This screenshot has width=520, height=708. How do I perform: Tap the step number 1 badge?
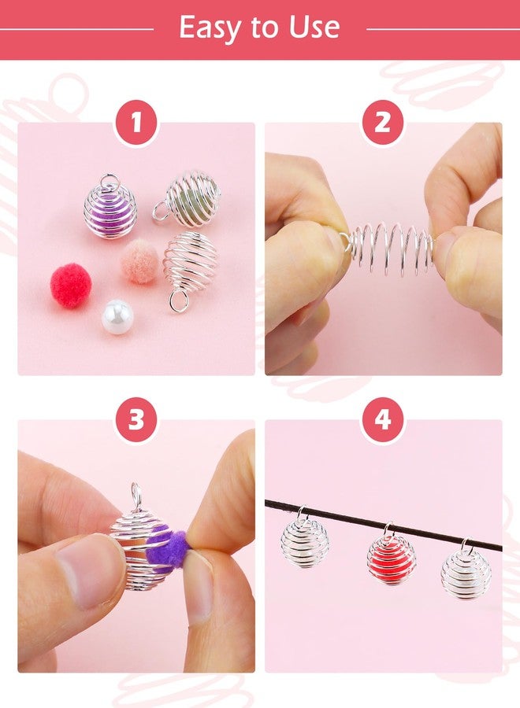136,124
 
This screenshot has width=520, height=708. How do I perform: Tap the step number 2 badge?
383,124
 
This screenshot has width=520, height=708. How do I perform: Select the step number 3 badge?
136,420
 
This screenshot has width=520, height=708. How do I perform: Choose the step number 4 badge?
383,420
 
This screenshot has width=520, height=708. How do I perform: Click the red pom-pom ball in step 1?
72,286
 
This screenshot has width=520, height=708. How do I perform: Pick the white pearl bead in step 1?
117,316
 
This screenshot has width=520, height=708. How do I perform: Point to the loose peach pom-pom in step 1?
141,261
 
